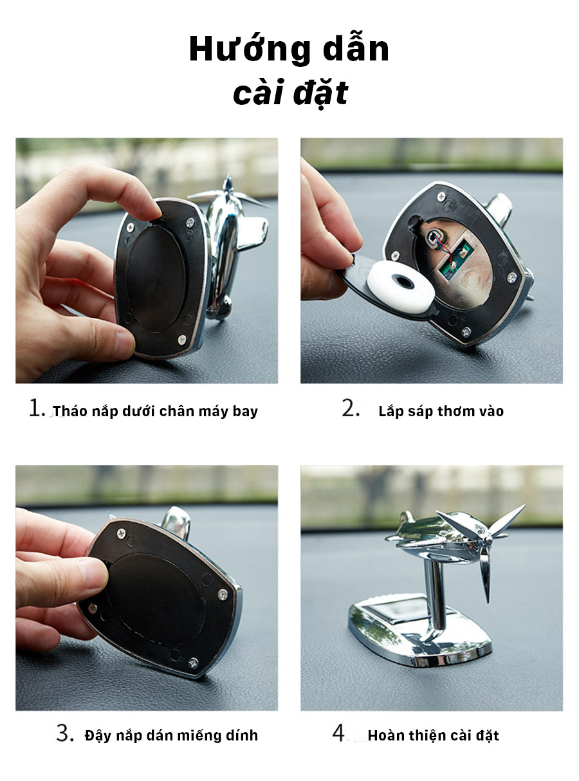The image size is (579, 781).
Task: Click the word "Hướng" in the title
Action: coord(250,50)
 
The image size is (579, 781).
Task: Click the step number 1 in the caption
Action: coord(37,408)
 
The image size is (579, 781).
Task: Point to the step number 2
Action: coord(351,408)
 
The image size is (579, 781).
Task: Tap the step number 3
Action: coord(65,733)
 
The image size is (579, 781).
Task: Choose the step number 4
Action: coord(339,733)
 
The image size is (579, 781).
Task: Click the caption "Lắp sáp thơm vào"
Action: coord(441,411)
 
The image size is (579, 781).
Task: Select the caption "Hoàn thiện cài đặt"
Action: coord(433,736)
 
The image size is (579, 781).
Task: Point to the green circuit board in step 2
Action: coord(455,259)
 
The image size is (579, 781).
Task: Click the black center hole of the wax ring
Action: coord(403,282)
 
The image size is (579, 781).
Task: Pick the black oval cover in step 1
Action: coord(156,277)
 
